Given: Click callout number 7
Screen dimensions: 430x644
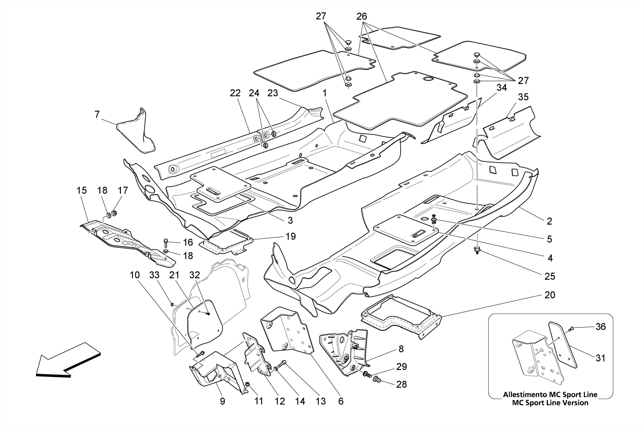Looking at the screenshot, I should click(97, 115).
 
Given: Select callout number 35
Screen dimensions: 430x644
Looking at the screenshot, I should click(523, 97).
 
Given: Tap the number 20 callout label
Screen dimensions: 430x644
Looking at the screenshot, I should click(550, 295).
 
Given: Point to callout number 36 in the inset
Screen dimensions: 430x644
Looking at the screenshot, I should click(601, 327).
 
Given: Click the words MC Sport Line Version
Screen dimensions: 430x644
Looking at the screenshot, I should click(550, 403).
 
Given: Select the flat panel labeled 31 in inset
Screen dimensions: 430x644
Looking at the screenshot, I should click(563, 344).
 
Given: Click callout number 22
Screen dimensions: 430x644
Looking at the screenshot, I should click(235, 93).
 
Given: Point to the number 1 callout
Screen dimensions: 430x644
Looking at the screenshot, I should click(325, 93).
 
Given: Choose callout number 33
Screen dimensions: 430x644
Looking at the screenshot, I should click(154, 275).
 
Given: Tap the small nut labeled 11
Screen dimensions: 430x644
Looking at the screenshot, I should click(247, 384).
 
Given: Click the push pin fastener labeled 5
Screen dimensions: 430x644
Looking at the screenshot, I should click(434, 218).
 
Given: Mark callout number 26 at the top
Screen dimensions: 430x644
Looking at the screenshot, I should click(362, 16).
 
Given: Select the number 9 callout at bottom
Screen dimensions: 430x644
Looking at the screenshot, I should click(222, 401).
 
